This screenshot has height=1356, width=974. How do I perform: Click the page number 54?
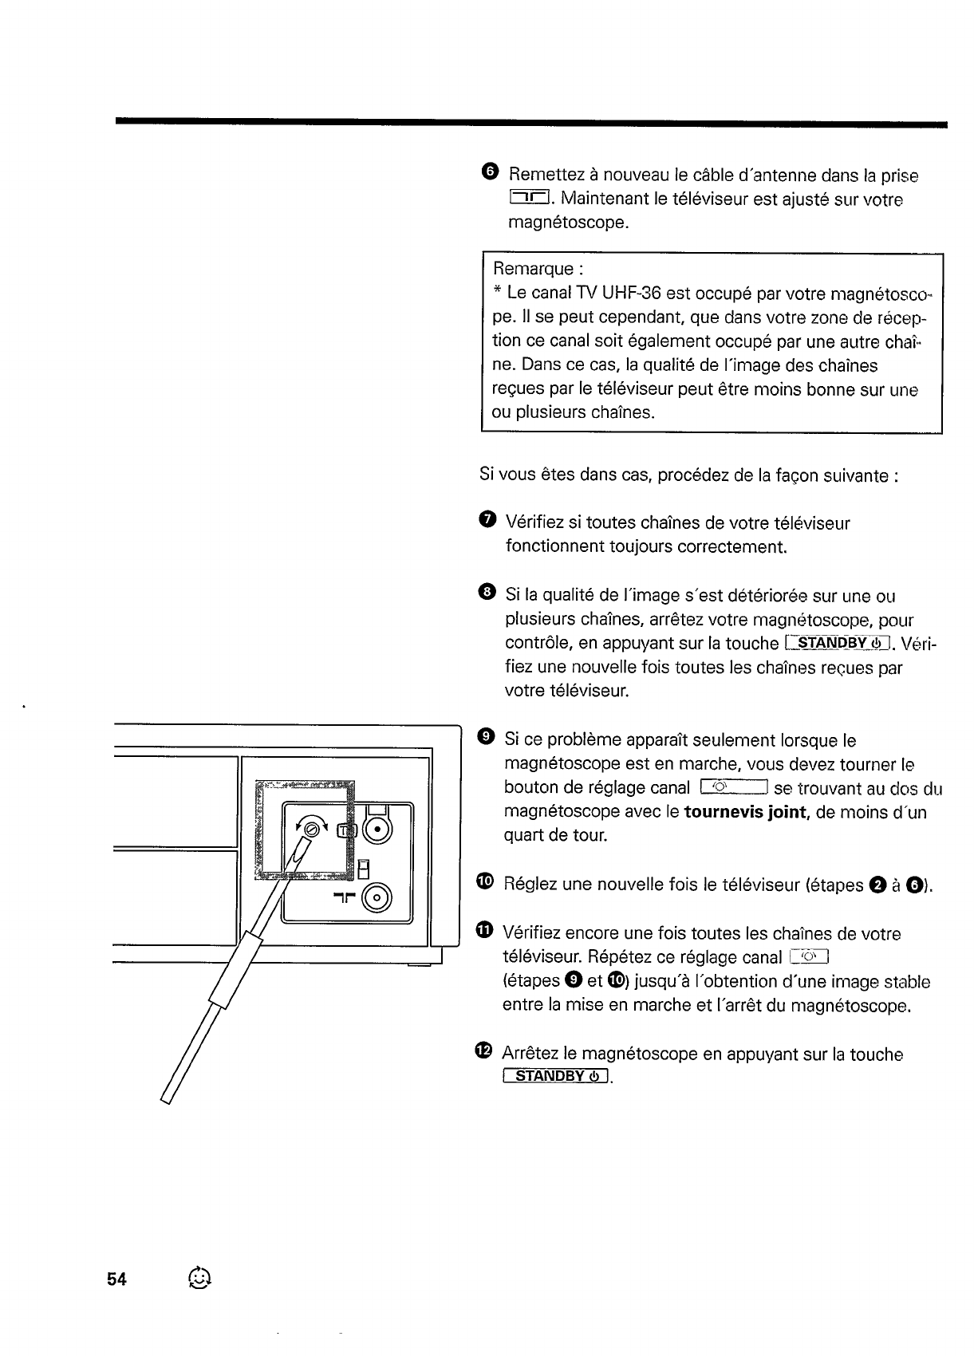click(116, 1279)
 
